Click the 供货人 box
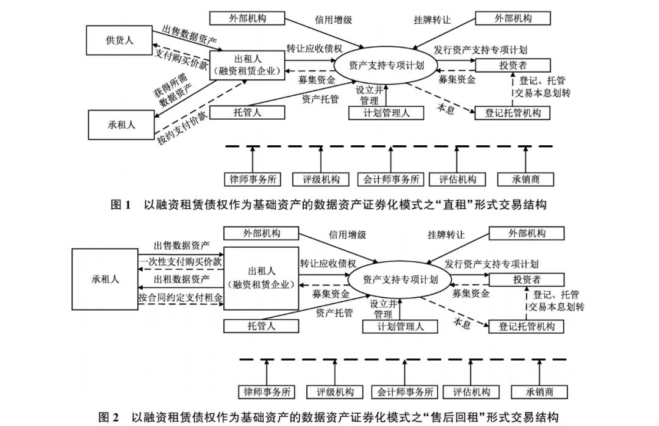click(120, 40)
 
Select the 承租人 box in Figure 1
click(121, 125)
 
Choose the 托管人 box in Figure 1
click(247, 112)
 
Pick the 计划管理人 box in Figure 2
click(400, 327)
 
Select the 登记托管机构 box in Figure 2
click(527, 327)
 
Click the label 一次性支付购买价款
click(180, 261)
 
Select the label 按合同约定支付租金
click(180, 298)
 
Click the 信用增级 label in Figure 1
click(333, 20)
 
